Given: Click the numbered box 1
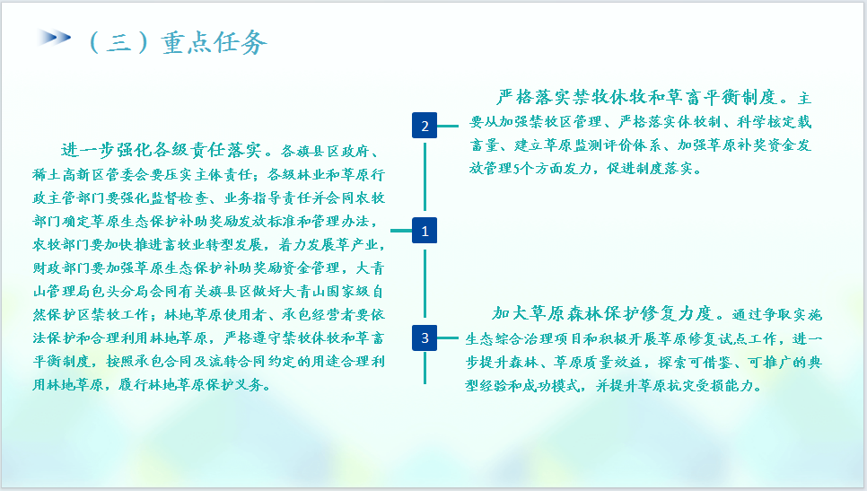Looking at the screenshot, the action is pos(425,231).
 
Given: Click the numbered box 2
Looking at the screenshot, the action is pos(425,126).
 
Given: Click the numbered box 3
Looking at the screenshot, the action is pos(425,338).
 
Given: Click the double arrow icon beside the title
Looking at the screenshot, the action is pos(54,38).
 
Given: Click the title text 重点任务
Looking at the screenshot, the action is pos(215,42).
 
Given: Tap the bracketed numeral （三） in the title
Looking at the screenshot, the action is pos(118,42).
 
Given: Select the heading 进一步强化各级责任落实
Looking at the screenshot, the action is pos(161,150).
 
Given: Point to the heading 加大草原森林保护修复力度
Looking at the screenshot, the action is pos(602,314).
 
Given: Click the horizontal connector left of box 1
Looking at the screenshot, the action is pos(401,231).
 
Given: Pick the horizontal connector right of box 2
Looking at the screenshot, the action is pos(448,126).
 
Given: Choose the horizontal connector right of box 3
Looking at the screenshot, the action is pos(448,338).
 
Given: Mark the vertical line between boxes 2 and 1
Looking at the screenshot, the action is pos(425,177).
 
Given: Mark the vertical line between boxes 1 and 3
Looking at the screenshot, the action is pos(425,284).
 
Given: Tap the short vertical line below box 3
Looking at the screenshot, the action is pos(425,368).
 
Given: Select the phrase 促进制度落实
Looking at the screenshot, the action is pos(650,169).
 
